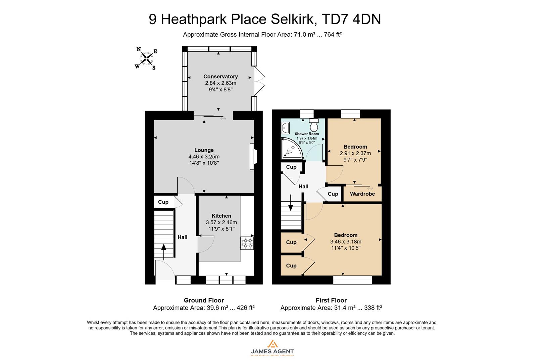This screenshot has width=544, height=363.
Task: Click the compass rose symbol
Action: (x=146, y=58)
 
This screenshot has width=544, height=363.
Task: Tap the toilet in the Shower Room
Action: (x=314, y=125)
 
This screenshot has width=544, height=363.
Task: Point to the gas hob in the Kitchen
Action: (x=247, y=243)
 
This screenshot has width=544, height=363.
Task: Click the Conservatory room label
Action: (x=220, y=77)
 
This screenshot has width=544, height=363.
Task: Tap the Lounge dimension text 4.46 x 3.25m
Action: (x=204, y=157)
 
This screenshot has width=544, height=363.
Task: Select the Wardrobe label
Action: (x=362, y=194)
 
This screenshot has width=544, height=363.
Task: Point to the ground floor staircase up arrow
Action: (x=164, y=252)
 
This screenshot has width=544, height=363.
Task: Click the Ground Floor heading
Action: (x=204, y=300)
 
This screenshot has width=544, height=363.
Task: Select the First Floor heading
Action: (x=331, y=300)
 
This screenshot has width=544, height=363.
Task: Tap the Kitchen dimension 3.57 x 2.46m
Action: (x=221, y=223)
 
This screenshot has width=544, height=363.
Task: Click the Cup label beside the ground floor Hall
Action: (x=163, y=202)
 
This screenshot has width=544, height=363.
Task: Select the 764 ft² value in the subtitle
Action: (x=332, y=34)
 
